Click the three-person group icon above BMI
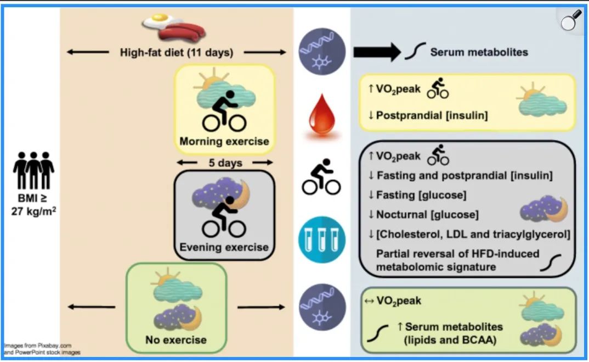coord(33,171)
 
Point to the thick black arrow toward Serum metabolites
coord(377,52)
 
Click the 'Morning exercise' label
coord(224,141)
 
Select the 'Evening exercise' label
coord(224,247)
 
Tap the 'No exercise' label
coord(176,340)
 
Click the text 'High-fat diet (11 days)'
coord(177,53)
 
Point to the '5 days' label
coord(224,163)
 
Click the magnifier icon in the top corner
coord(573,21)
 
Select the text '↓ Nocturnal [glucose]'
coord(423,214)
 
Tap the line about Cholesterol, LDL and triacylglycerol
coord(469,234)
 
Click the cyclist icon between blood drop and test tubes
coord(321,177)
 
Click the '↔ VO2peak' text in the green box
coord(393,301)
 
